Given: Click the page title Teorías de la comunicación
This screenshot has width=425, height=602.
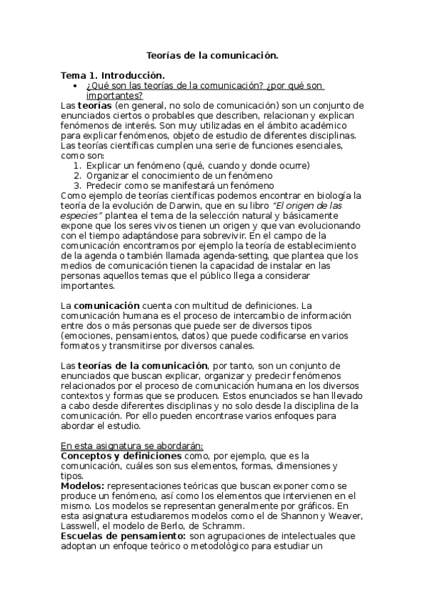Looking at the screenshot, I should (x=212, y=54).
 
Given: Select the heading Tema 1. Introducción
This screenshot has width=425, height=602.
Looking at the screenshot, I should (x=113, y=75).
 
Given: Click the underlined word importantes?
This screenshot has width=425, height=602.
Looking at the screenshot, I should (x=114, y=95).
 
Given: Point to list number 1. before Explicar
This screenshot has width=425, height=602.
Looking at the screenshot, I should (x=78, y=165).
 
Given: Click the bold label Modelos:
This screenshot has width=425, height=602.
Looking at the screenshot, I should (x=83, y=486).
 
